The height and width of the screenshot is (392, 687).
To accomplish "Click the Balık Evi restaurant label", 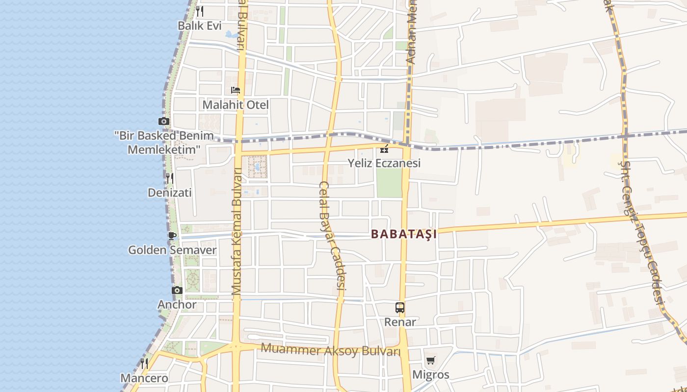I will point(200,26).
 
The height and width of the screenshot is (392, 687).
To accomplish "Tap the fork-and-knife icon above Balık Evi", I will point(200,11).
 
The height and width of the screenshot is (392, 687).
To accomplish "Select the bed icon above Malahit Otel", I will point(236,90).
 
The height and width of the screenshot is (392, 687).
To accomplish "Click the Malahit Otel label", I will point(236,105).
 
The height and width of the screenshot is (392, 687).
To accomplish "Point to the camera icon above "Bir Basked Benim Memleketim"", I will point(164,121).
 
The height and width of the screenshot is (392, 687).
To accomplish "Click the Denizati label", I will point(170,193).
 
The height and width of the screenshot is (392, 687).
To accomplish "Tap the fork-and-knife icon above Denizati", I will point(170,178).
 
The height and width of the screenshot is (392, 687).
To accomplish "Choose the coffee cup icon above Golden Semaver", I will point(172,236).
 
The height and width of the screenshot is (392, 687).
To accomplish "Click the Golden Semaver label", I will point(172,250).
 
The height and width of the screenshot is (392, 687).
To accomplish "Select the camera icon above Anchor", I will point(177,291).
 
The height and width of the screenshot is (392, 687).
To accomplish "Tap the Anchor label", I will point(177,305).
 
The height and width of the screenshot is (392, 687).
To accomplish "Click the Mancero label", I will point(144,378).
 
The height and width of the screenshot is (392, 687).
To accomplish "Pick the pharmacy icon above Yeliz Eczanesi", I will point(384,148).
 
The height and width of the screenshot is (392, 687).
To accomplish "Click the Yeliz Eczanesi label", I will point(384,163).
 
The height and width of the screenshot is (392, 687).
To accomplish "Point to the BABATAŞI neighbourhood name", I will point(404,234).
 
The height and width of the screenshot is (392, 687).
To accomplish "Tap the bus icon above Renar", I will point(400,308).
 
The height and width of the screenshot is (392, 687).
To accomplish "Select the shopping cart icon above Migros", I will point(430,361).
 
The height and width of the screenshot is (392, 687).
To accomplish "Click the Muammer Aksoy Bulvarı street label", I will point(331,350).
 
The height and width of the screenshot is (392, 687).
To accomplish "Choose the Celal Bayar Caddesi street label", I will point(332,240).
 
